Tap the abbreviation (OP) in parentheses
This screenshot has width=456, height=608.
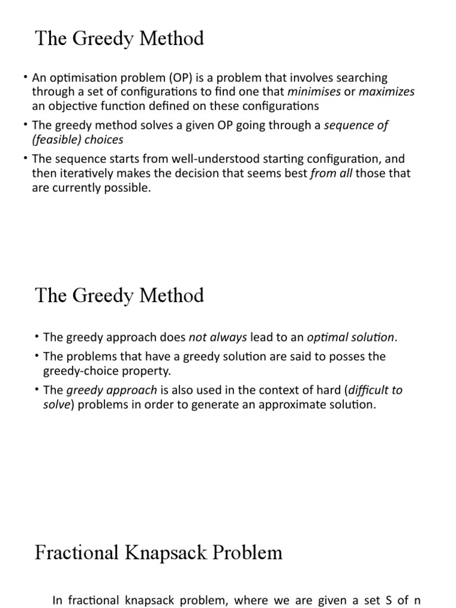[x=170, y=78]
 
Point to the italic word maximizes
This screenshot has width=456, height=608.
[x=387, y=92]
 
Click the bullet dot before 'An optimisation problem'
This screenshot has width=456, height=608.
[x=26, y=78]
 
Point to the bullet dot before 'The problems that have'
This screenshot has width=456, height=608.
[x=37, y=356]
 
